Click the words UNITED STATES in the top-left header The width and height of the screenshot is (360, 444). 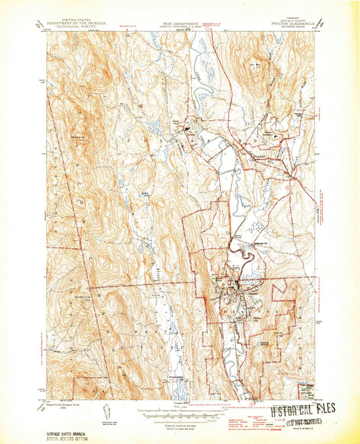(x=80, y=20)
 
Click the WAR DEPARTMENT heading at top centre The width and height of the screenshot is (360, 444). (x=179, y=21)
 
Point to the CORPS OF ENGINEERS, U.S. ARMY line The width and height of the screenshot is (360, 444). (x=179, y=24)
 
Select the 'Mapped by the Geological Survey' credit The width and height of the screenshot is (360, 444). (x=71, y=404)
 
